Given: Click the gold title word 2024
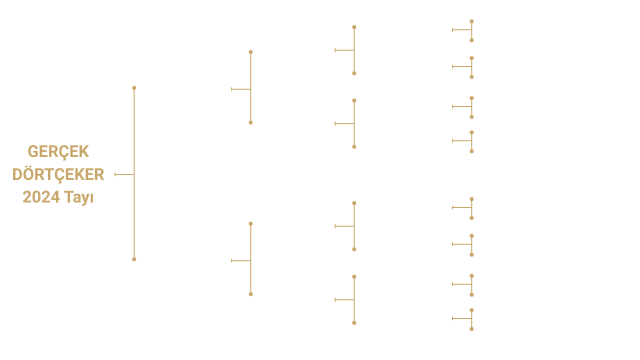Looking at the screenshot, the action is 40,197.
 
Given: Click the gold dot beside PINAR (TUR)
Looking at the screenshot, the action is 471,329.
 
